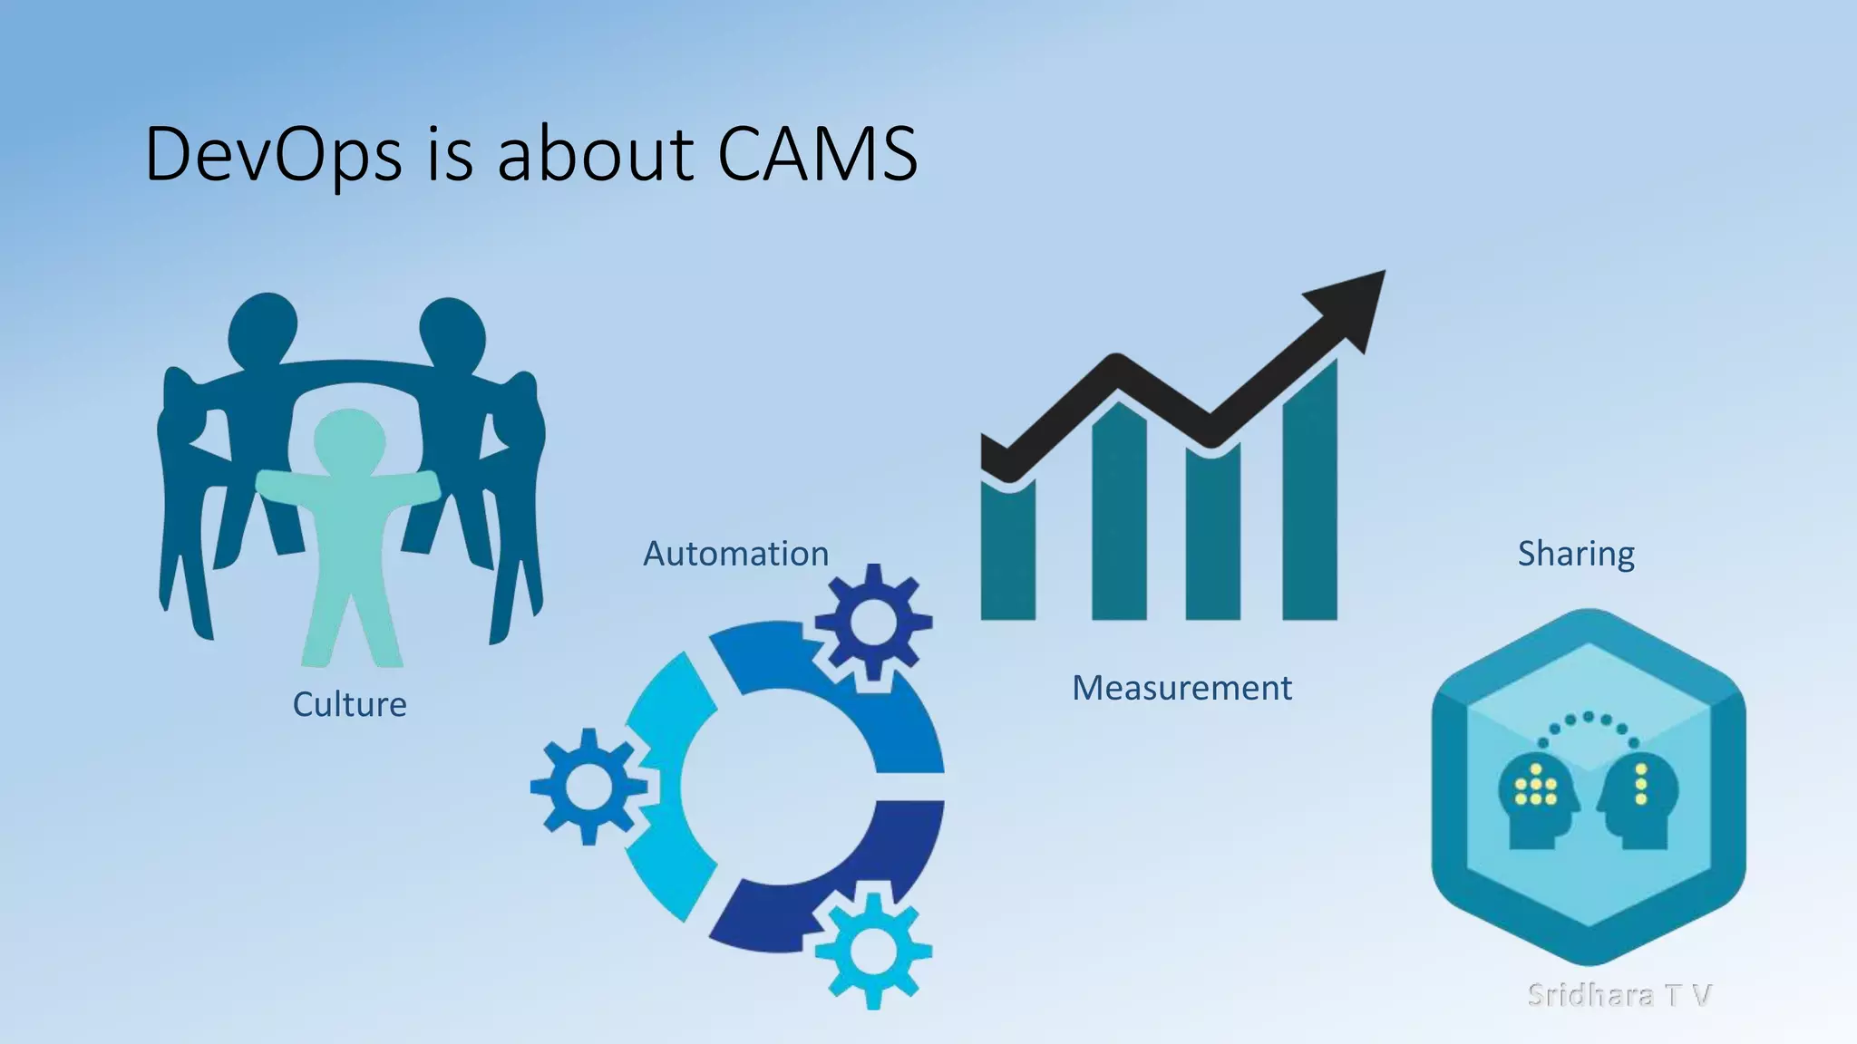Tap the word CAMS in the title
(817, 154)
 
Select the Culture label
(349, 704)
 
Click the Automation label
(735, 554)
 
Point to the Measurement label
(1181, 688)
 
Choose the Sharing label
(1576, 554)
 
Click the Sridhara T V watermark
(1619, 994)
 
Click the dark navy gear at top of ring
(872, 622)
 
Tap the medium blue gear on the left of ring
(589, 786)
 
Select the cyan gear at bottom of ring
(872, 951)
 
